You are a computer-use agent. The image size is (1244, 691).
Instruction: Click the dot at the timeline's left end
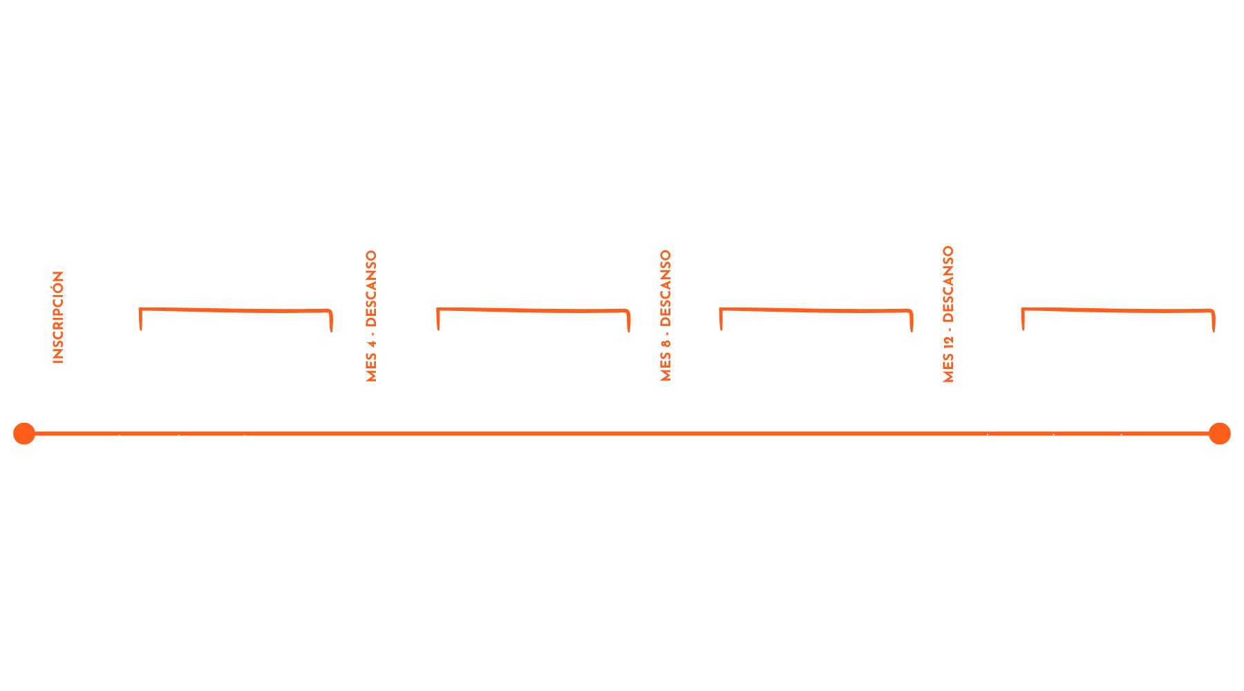click(x=24, y=433)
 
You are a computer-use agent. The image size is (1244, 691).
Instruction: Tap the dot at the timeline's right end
click(x=1220, y=433)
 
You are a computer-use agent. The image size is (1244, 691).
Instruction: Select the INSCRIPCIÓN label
click(x=58, y=317)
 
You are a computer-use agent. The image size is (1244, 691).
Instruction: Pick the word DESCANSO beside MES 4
click(x=371, y=289)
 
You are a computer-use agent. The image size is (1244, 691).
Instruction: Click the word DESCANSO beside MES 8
click(x=666, y=288)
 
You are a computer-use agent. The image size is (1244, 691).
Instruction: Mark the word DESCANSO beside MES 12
click(x=948, y=284)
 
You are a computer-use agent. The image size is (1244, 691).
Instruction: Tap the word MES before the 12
click(x=948, y=368)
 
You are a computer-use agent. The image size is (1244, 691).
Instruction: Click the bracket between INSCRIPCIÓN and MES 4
click(x=236, y=310)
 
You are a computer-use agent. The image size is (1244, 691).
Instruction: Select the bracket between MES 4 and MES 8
click(x=533, y=310)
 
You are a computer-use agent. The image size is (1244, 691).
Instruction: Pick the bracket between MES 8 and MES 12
click(x=816, y=310)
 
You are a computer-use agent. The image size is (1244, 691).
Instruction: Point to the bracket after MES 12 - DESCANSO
click(x=1118, y=310)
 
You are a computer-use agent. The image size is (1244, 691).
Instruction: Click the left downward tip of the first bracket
click(x=141, y=329)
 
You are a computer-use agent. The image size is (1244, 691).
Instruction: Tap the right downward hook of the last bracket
click(x=1213, y=330)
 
